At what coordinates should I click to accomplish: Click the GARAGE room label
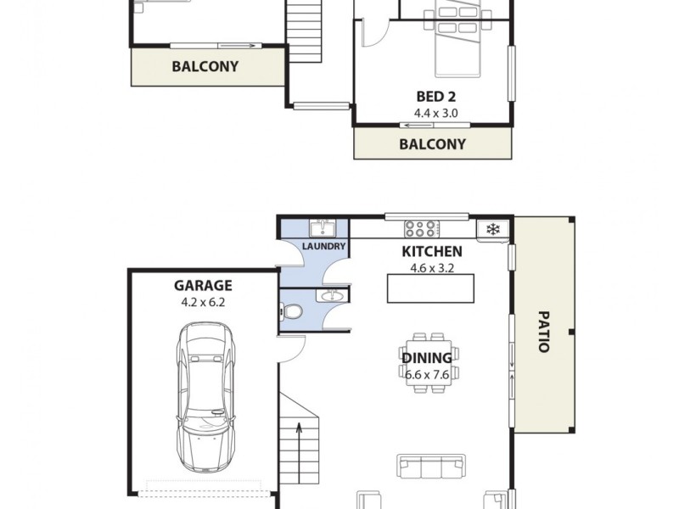tap(203, 286)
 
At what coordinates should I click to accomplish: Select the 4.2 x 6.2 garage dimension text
tap(203, 300)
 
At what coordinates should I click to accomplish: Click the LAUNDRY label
tap(324, 246)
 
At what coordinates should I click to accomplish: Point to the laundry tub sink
tap(323, 227)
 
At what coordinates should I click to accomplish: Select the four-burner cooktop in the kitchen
tap(420, 227)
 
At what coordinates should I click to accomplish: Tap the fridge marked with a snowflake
tap(492, 227)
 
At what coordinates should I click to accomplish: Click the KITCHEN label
tap(431, 251)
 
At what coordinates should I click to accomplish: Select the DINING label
tap(427, 358)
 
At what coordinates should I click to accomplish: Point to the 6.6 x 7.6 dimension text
tap(427, 372)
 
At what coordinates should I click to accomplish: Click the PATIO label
tap(543, 331)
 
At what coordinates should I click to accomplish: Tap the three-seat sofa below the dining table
tap(431, 466)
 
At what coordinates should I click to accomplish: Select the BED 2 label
tap(432, 98)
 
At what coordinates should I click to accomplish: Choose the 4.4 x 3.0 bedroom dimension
tap(432, 112)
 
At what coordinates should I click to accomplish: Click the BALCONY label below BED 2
tap(432, 143)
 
